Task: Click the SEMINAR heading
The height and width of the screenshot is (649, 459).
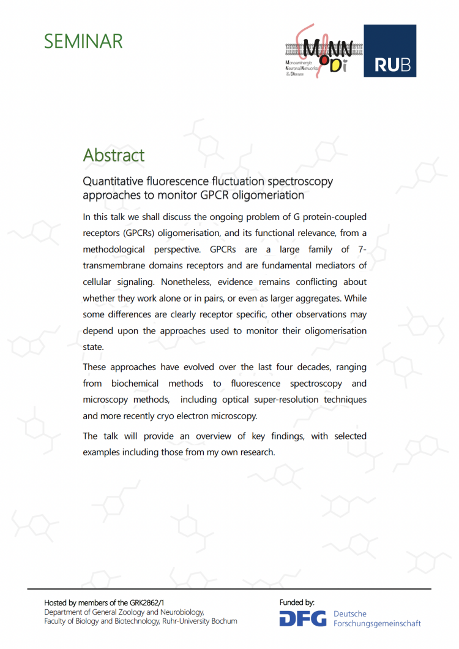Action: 83,41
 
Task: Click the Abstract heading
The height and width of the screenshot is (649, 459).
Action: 114,154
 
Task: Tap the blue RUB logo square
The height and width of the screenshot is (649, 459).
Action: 390,51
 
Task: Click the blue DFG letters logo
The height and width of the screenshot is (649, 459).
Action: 303,618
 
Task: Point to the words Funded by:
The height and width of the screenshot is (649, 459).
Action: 297,602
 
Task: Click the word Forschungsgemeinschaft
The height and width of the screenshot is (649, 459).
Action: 377,624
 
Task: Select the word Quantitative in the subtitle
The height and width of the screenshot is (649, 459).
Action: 113,181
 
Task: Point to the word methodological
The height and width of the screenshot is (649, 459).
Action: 114,249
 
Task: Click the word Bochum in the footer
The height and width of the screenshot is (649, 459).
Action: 224,621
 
